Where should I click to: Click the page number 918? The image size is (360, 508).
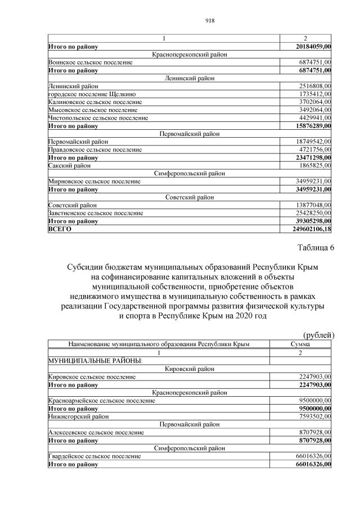pyautogui.click(x=179, y=21)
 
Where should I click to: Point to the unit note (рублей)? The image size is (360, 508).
pyautogui.click(x=319, y=335)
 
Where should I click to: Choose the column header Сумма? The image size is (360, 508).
pyautogui.click(x=300, y=344)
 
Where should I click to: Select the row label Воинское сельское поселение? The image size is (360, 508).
pyautogui.click(x=91, y=62)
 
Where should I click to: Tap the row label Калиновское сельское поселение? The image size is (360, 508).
pyautogui.click(x=95, y=102)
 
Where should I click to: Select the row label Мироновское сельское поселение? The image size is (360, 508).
pyautogui.click(x=94, y=182)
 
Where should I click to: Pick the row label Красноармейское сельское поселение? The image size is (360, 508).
pyautogui.click(x=102, y=401)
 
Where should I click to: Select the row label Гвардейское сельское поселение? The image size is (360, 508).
pyautogui.click(x=94, y=456)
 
